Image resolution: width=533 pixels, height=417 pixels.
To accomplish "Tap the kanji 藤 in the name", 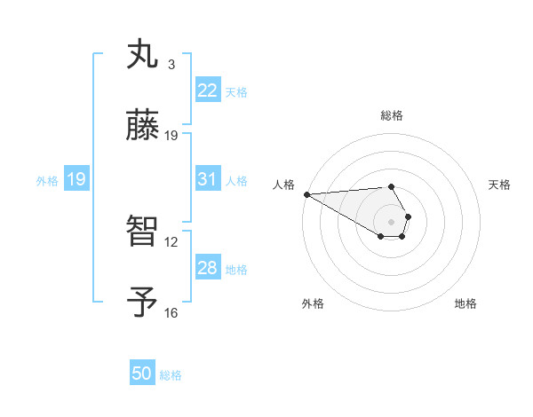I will pyautogui.click(x=142, y=126).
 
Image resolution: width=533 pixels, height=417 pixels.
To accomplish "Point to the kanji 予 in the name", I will pyautogui.click(x=142, y=303).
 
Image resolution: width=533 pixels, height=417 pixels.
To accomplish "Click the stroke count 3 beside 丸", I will pyautogui.click(x=171, y=65).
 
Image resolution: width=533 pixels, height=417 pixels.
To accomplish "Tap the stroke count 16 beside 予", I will pyautogui.click(x=171, y=312).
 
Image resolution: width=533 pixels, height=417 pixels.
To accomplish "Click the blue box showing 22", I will pyautogui.click(x=207, y=90).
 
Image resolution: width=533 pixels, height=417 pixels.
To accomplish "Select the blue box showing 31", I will pyautogui.click(x=207, y=179).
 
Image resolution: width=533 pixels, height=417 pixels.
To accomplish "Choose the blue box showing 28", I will pyautogui.click(x=207, y=268).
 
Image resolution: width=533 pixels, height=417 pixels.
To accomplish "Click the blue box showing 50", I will pyautogui.click(x=142, y=374).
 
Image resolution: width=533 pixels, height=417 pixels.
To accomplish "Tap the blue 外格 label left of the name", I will pyautogui.click(x=47, y=180).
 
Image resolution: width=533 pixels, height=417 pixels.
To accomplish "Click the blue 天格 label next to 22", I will pyautogui.click(x=236, y=91).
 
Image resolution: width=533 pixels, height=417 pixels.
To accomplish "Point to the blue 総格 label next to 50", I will pyautogui.click(x=171, y=375).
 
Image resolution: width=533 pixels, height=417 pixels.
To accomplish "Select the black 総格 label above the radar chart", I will pyautogui.click(x=392, y=115).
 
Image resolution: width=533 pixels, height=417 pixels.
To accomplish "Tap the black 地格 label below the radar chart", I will pyautogui.click(x=465, y=303).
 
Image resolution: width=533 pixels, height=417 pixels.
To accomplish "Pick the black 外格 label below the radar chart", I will pyautogui.click(x=313, y=303).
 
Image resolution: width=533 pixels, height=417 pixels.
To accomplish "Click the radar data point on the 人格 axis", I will pyautogui.click(x=306, y=194).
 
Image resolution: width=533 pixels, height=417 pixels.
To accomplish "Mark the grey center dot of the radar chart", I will pyautogui.click(x=392, y=221).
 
